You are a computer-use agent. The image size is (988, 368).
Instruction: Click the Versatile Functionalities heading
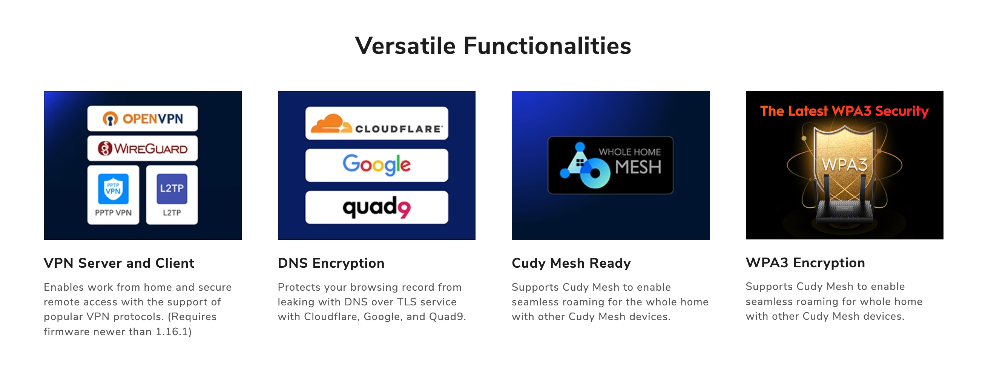(493, 46)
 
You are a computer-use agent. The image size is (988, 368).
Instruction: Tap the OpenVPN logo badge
(143, 118)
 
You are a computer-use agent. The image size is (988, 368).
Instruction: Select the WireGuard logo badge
(143, 148)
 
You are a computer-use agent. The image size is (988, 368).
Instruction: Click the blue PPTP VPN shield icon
(113, 189)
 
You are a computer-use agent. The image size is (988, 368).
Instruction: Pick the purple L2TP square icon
(172, 189)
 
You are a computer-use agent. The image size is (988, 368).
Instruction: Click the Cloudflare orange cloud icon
(331, 123)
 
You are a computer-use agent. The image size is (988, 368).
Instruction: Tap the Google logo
(377, 165)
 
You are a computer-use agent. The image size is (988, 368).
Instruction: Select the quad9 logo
(377, 207)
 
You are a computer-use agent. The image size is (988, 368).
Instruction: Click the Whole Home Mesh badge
(610, 165)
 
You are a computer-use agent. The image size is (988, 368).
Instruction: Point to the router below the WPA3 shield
(845, 209)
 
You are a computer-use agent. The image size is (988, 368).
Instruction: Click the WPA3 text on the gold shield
(845, 165)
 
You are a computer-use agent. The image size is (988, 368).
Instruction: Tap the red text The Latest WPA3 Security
(845, 111)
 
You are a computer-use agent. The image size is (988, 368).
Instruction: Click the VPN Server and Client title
(119, 263)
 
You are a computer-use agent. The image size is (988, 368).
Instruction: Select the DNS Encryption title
(331, 263)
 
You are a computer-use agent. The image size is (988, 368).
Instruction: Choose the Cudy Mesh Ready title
(571, 263)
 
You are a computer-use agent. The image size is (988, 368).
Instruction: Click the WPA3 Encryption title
(805, 263)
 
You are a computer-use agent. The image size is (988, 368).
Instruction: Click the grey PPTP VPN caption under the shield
(113, 213)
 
